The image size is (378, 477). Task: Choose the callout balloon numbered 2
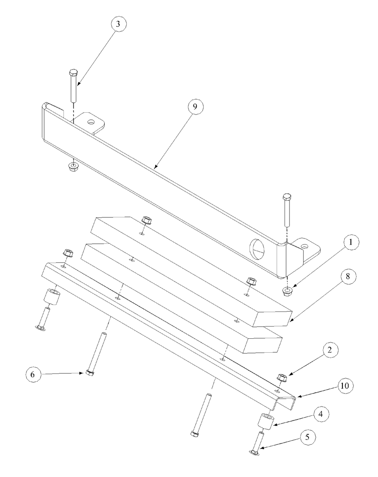click(x=330, y=351)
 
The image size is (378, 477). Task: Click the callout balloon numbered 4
click(x=320, y=413)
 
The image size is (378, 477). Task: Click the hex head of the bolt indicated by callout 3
click(x=74, y=72)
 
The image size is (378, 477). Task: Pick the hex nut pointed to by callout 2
click(x=282, y=377)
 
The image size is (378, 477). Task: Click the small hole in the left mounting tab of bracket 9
click(x=91, y=122)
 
